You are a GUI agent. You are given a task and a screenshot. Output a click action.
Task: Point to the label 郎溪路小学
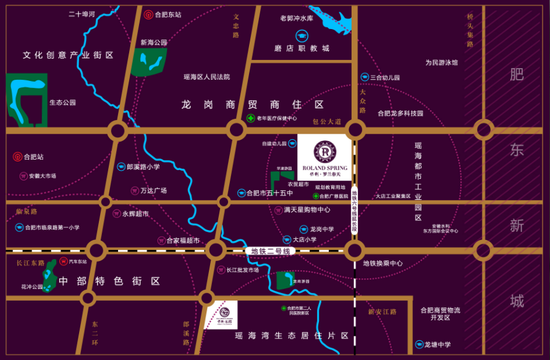tap(146, 167)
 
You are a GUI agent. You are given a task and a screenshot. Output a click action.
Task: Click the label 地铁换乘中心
tap(382, 263)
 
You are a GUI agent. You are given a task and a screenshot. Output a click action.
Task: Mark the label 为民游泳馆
tap(436, 62)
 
